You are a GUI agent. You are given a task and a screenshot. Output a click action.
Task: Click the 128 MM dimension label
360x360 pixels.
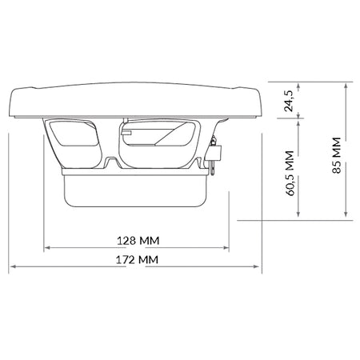pos(138,241)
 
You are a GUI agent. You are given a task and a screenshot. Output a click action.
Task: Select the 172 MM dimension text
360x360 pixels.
pos(137,259)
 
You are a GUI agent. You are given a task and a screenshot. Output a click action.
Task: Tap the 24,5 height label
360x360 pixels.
pos(289,101)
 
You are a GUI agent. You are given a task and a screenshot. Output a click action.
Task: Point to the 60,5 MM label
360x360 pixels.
pos(290,174)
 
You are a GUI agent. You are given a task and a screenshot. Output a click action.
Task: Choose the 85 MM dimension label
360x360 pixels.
pos(337,155)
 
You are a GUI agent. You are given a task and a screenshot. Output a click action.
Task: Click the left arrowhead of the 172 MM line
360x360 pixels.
pos(12,266)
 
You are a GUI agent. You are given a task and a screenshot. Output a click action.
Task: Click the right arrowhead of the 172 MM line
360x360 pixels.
pos(256,266)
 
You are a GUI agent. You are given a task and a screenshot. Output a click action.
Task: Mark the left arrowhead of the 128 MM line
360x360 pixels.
pos(47,247)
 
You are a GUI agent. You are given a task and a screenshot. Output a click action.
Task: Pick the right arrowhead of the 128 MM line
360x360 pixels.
pos(226,247)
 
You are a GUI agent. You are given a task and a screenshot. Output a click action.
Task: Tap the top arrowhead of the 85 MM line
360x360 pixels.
pos(346,86)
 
